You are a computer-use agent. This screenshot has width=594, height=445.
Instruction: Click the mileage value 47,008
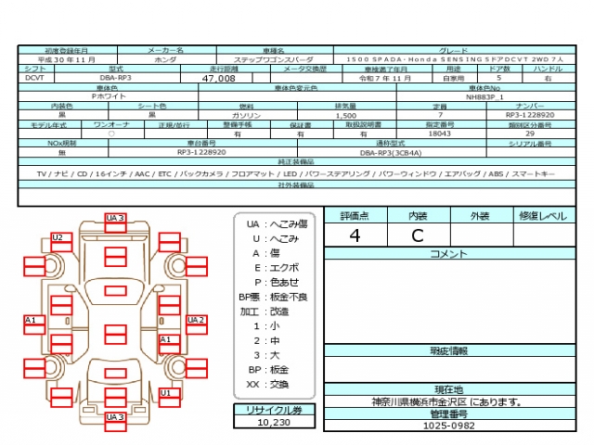pyautogui.click(x=218, y=79)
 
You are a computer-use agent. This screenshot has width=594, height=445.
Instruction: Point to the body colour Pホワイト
pyautogui.click(x=109, y=96)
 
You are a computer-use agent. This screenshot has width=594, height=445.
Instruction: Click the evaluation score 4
pyautogui.click(x=355, y=235)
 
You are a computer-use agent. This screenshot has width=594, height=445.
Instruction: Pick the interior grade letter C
pyautogui.click(x=418, y=235)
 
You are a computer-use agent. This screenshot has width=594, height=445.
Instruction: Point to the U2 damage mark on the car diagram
pyautogui.click(x=58, y=237)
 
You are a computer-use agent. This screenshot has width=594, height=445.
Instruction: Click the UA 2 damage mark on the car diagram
pyautogui.click(x=196, y=320)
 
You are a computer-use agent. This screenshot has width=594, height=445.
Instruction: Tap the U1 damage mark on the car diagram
pyautogui.click(x=166, y=392)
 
